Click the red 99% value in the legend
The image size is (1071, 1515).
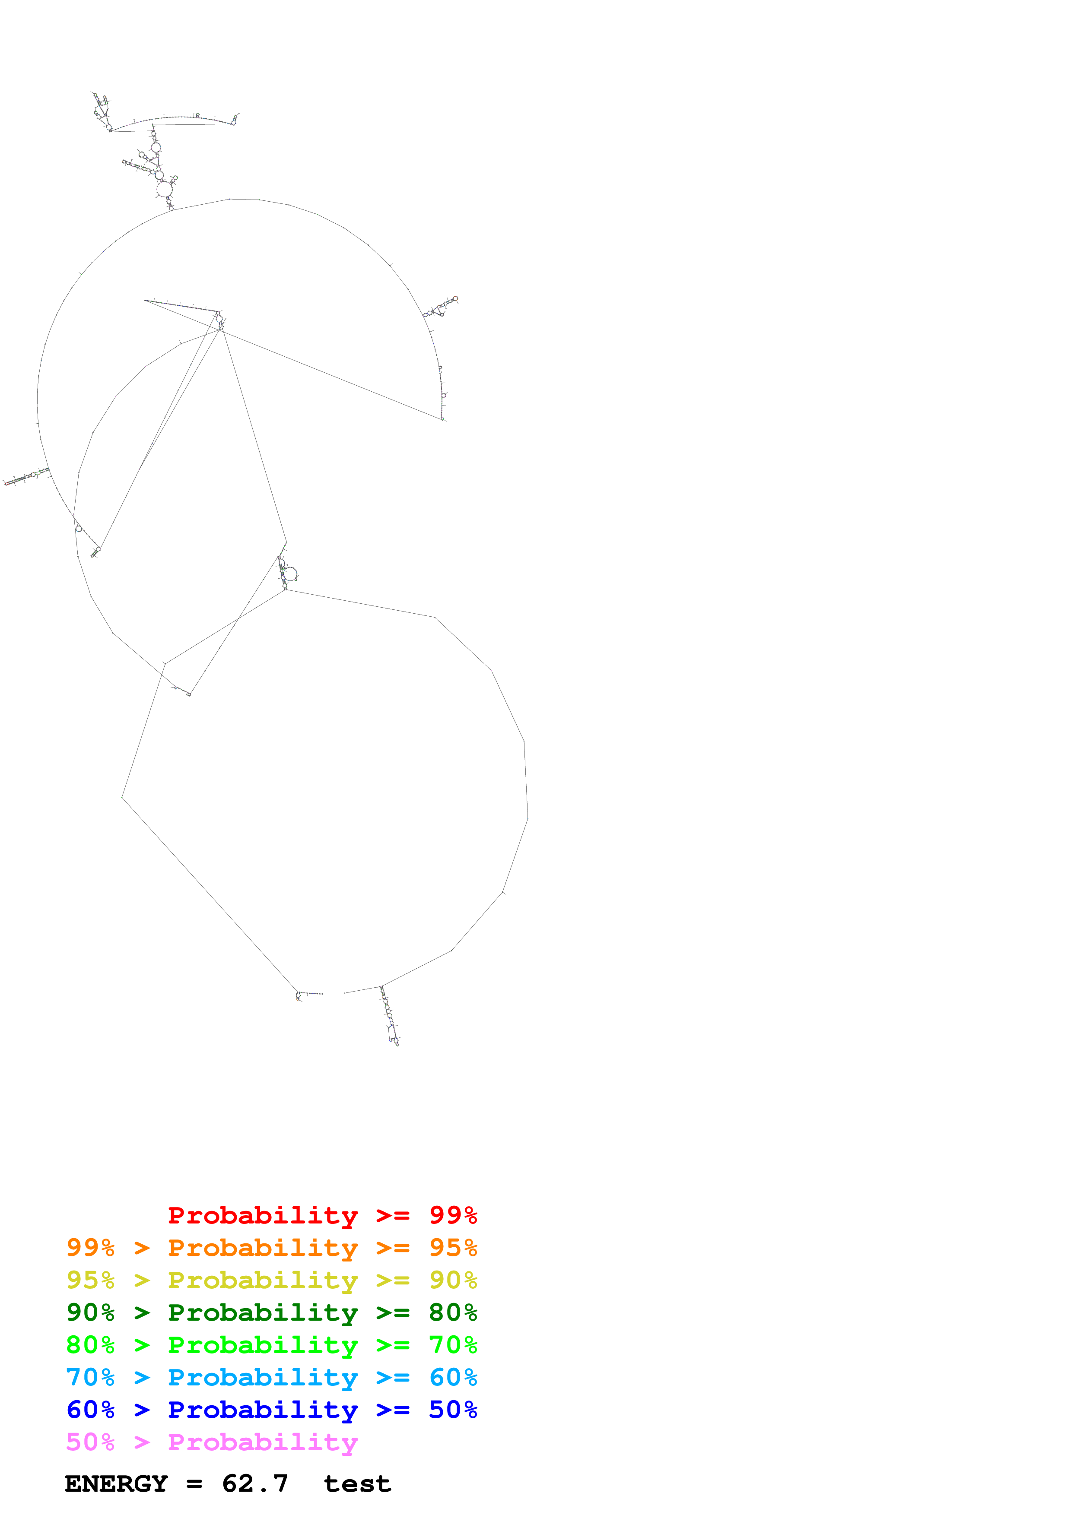click(x=453, y=1215)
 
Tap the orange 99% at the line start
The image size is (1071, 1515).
click(x=90, y=1248)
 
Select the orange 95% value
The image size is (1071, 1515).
click(x=453, y=1248)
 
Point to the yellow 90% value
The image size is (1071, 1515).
click(x=453, y=1280)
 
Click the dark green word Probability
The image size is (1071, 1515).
click(x=263, y=1312)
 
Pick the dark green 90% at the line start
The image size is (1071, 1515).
click(x=90, y=1312)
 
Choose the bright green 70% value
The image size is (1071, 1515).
click(x=453, y=1345)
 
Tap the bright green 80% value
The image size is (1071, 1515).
click(x=90, y=1345)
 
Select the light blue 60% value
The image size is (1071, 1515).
click(x=453, y=1377)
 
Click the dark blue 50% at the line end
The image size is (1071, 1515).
click(x=453, y=1410)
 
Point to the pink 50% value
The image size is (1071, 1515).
click(x=90, y=1442)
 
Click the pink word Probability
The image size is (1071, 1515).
click(x=263, y=1442)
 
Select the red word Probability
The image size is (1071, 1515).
click(x=263, y=1215)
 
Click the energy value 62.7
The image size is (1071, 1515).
click(x=255, y=1484)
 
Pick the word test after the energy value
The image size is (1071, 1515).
click(x=357, y=1484)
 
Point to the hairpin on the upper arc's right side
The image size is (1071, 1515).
click(x=441, y=307)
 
